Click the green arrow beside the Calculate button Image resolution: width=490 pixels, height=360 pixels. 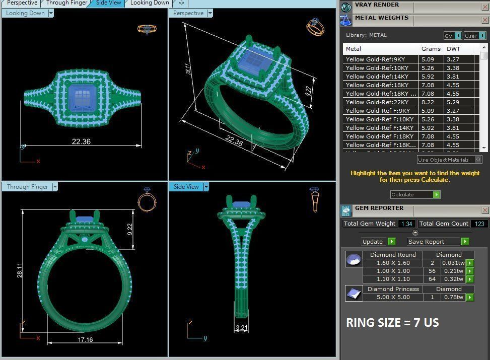coord(436,195)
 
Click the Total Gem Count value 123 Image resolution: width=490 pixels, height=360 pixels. coord(479,224)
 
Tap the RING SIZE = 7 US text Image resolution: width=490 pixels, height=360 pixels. coord(392,323)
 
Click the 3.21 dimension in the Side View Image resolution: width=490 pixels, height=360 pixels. coord(242,328)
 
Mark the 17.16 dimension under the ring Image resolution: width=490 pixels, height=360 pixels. coord(85,340)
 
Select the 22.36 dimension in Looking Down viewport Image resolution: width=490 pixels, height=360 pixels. coord(81,142)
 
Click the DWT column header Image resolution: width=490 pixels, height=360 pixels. coord(453,49)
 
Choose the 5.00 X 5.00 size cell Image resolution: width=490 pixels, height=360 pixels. coord(393,298)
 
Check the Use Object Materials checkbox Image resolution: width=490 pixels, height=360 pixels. coord(478,160)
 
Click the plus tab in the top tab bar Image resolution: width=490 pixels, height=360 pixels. coord(181,3)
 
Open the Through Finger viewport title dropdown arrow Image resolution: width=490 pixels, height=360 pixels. coord(55,187)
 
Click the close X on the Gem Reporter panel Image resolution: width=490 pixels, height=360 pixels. coord(485,210)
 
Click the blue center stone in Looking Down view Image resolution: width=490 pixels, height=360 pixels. coord(81,97)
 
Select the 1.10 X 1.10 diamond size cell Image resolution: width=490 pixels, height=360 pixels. coord(393,279)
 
